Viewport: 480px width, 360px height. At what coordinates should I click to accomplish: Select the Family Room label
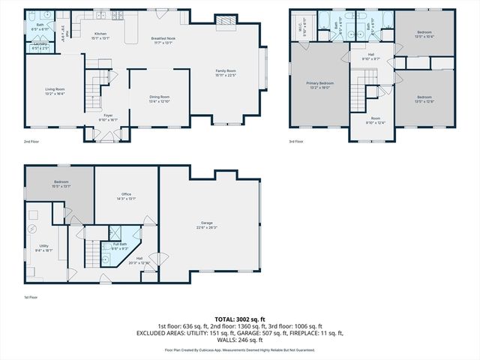pos(226,72)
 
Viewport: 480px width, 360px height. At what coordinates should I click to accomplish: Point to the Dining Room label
pos(159,98)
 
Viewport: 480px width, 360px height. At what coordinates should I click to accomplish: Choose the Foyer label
pos(108,118)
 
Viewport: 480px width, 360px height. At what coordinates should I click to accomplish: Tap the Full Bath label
pos(119,244)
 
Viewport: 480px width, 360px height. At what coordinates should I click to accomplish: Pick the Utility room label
pos(44,247)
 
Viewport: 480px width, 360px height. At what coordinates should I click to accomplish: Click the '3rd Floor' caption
pos(296,141)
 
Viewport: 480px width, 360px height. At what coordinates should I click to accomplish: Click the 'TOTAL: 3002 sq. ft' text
pos(239,319)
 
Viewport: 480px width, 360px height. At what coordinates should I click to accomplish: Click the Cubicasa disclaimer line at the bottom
pos(239,349)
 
